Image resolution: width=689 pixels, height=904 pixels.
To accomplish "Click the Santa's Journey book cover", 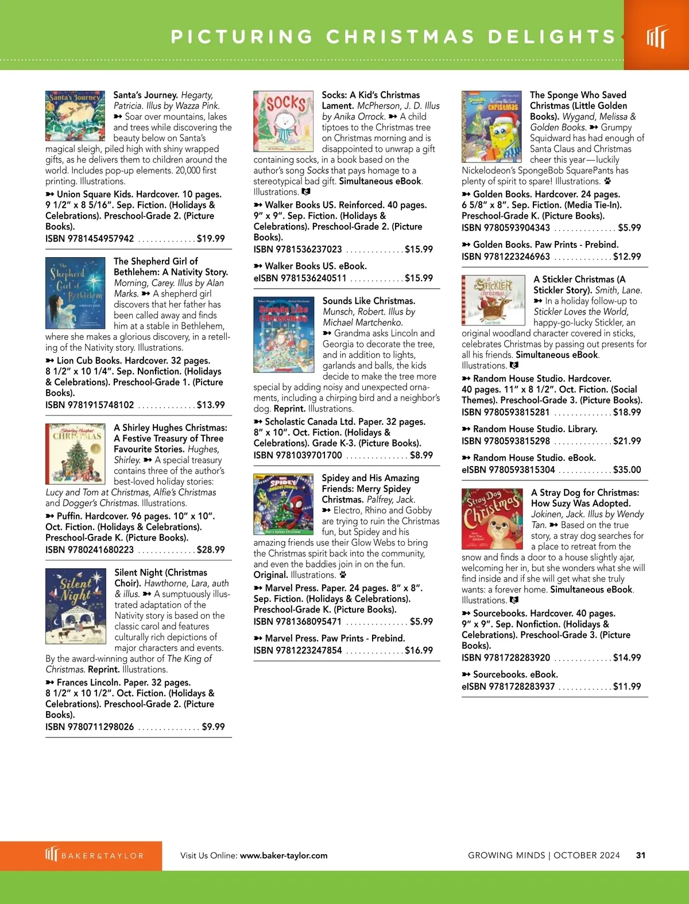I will (75, 116).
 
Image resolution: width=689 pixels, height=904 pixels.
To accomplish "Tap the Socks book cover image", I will (284, 121).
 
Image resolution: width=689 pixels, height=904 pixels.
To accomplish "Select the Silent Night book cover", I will (76, 606).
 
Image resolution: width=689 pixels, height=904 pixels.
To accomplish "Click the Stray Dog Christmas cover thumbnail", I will (493, 519).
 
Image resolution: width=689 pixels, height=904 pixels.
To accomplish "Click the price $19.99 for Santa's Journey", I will (211, 238).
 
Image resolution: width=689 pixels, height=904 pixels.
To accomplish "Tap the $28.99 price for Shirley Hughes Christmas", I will (211, 549).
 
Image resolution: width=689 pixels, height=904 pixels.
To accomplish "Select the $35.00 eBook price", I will (627, 470).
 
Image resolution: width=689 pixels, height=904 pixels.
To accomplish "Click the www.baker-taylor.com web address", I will (284, 855).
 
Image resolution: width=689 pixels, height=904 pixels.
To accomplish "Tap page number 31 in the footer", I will (641, 855).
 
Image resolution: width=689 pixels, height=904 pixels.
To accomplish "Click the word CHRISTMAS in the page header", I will (401, 37).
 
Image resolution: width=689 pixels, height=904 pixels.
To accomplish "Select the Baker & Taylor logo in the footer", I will (95, 855).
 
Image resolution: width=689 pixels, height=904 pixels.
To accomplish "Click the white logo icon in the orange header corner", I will (657, 37).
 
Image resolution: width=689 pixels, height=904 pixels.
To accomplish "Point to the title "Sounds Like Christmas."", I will (369, 301).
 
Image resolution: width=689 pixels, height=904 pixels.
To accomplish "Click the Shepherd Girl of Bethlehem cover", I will (76, 293).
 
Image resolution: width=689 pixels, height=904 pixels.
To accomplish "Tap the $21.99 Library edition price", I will (627, 441).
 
